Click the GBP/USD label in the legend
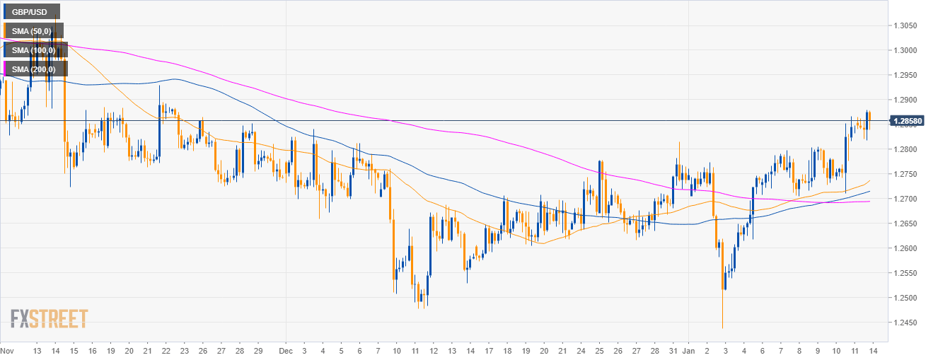tap(31, 11)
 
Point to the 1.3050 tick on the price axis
tap(907, 25)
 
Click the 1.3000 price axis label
tap(907, 50)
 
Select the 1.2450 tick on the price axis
tap(907, 323)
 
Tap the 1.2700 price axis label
tap(907, 199)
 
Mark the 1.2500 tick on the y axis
tap(907, 298)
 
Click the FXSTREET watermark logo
tap(50, 319)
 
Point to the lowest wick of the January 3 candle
tap(722, 327)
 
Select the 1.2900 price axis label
tap(907, 100)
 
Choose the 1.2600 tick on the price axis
tap(907, 248)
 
